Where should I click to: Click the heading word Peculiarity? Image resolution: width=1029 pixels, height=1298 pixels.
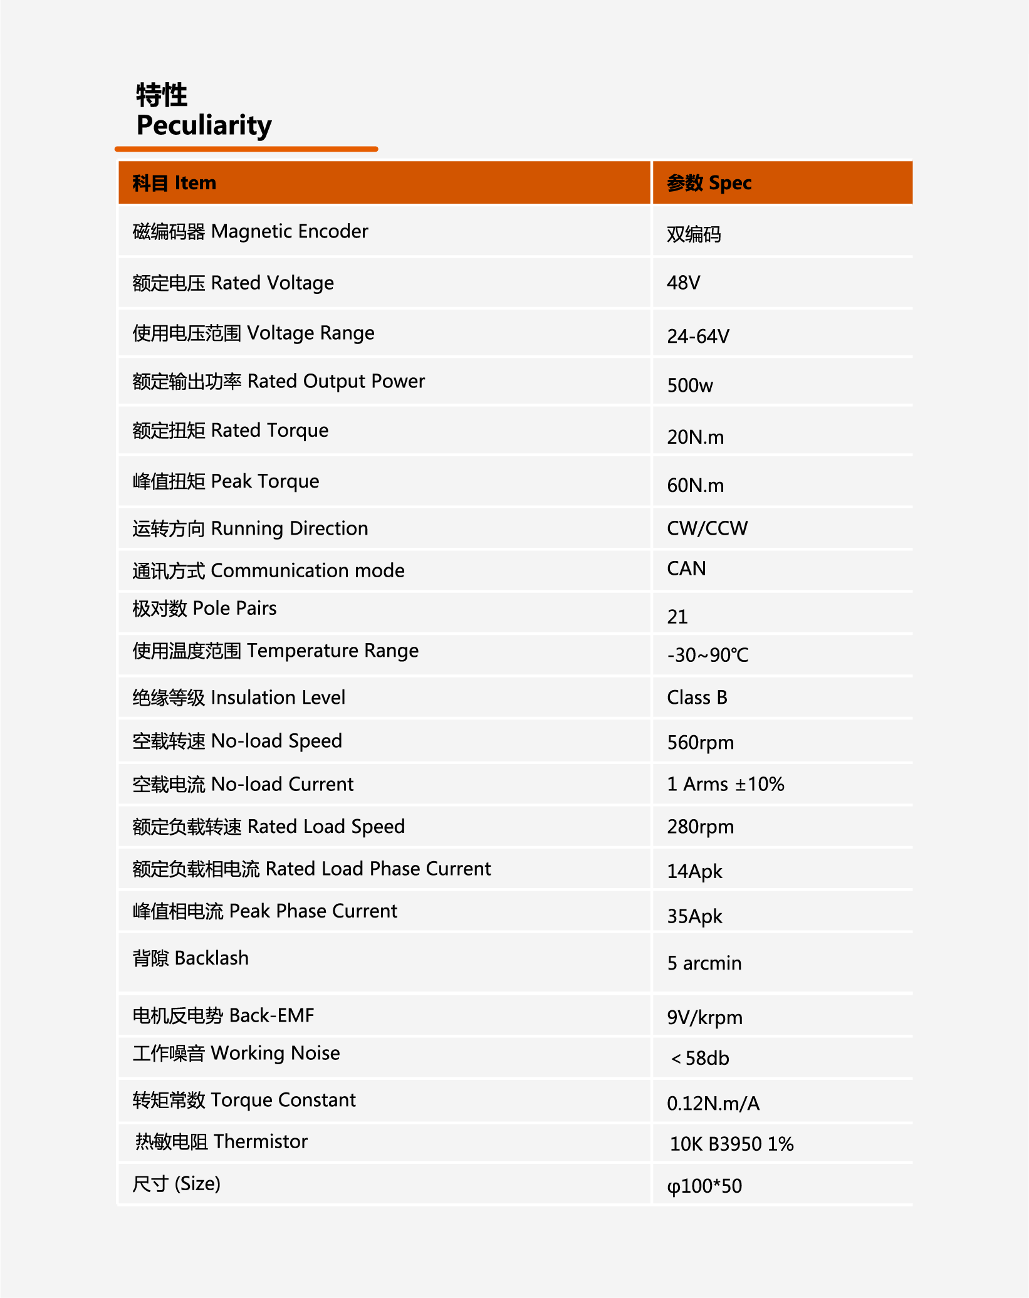tap(204, 125)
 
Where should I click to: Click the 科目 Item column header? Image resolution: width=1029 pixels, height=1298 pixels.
tap(174, 183)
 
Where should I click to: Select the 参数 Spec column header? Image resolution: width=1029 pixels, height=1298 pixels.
tap(709, 183)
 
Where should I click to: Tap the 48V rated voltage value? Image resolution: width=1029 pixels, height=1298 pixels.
tap(683, 283)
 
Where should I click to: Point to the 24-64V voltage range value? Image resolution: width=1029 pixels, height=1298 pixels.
tap(697, 337)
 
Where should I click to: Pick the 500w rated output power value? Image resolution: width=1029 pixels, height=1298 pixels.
tap(689, 385)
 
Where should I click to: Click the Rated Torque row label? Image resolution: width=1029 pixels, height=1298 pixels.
tap(230, 431)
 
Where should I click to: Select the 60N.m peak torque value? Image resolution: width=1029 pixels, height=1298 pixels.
tap(695, 486)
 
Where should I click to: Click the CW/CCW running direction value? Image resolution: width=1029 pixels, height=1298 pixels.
tap(707, 528)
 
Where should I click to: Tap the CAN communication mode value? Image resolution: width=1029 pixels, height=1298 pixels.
tap(686, 568)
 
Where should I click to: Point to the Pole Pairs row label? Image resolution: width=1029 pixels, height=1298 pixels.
tap(204, 608)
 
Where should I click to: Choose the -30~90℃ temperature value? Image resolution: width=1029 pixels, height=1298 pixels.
tap(708, 656)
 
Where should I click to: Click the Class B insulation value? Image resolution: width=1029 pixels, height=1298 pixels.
tap(697, 698)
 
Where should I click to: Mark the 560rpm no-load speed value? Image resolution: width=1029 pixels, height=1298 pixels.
tap(700, 743)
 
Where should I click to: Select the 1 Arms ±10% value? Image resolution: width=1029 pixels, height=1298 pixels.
tap(725, 784)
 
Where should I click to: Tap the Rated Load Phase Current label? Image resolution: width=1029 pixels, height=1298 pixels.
tap(311, 869)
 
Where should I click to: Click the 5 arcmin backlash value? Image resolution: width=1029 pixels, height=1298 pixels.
tap(704, 963)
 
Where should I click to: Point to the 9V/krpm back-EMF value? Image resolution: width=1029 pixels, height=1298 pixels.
tap(704, 1018)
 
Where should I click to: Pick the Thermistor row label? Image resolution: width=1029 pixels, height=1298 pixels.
tap(221, 1142)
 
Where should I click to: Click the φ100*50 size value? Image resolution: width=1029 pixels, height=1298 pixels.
tap(704, 1186)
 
